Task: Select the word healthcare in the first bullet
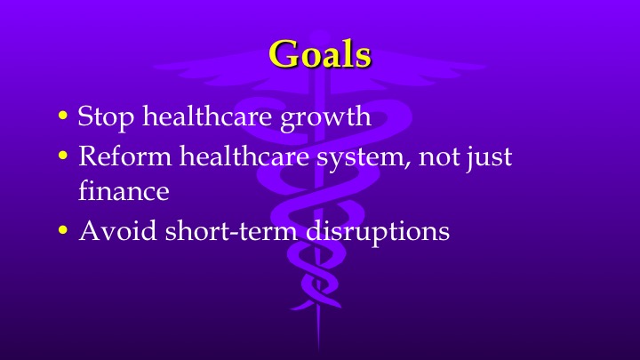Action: (x=200, y=116)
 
